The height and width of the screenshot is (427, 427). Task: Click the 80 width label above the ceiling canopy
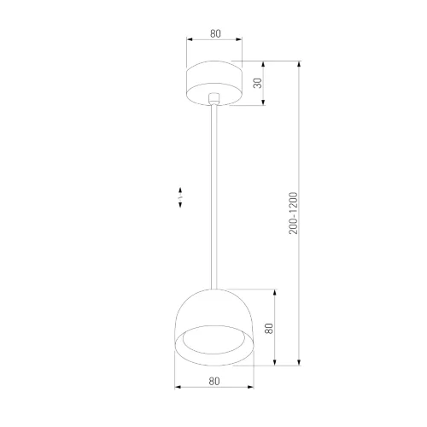click(x=214, y=35)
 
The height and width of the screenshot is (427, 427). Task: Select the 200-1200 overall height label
click(x=293, y=213)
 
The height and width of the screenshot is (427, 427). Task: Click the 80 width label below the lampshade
click(x=214, y=382)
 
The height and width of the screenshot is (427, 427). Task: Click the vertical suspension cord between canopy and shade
click(x=214, y=196)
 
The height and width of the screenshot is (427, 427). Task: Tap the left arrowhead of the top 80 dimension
click(x=189, y=42)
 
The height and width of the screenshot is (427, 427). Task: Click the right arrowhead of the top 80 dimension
click(x=240, y=42)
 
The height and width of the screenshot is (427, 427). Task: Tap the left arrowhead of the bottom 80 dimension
click(x=176, y=389)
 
